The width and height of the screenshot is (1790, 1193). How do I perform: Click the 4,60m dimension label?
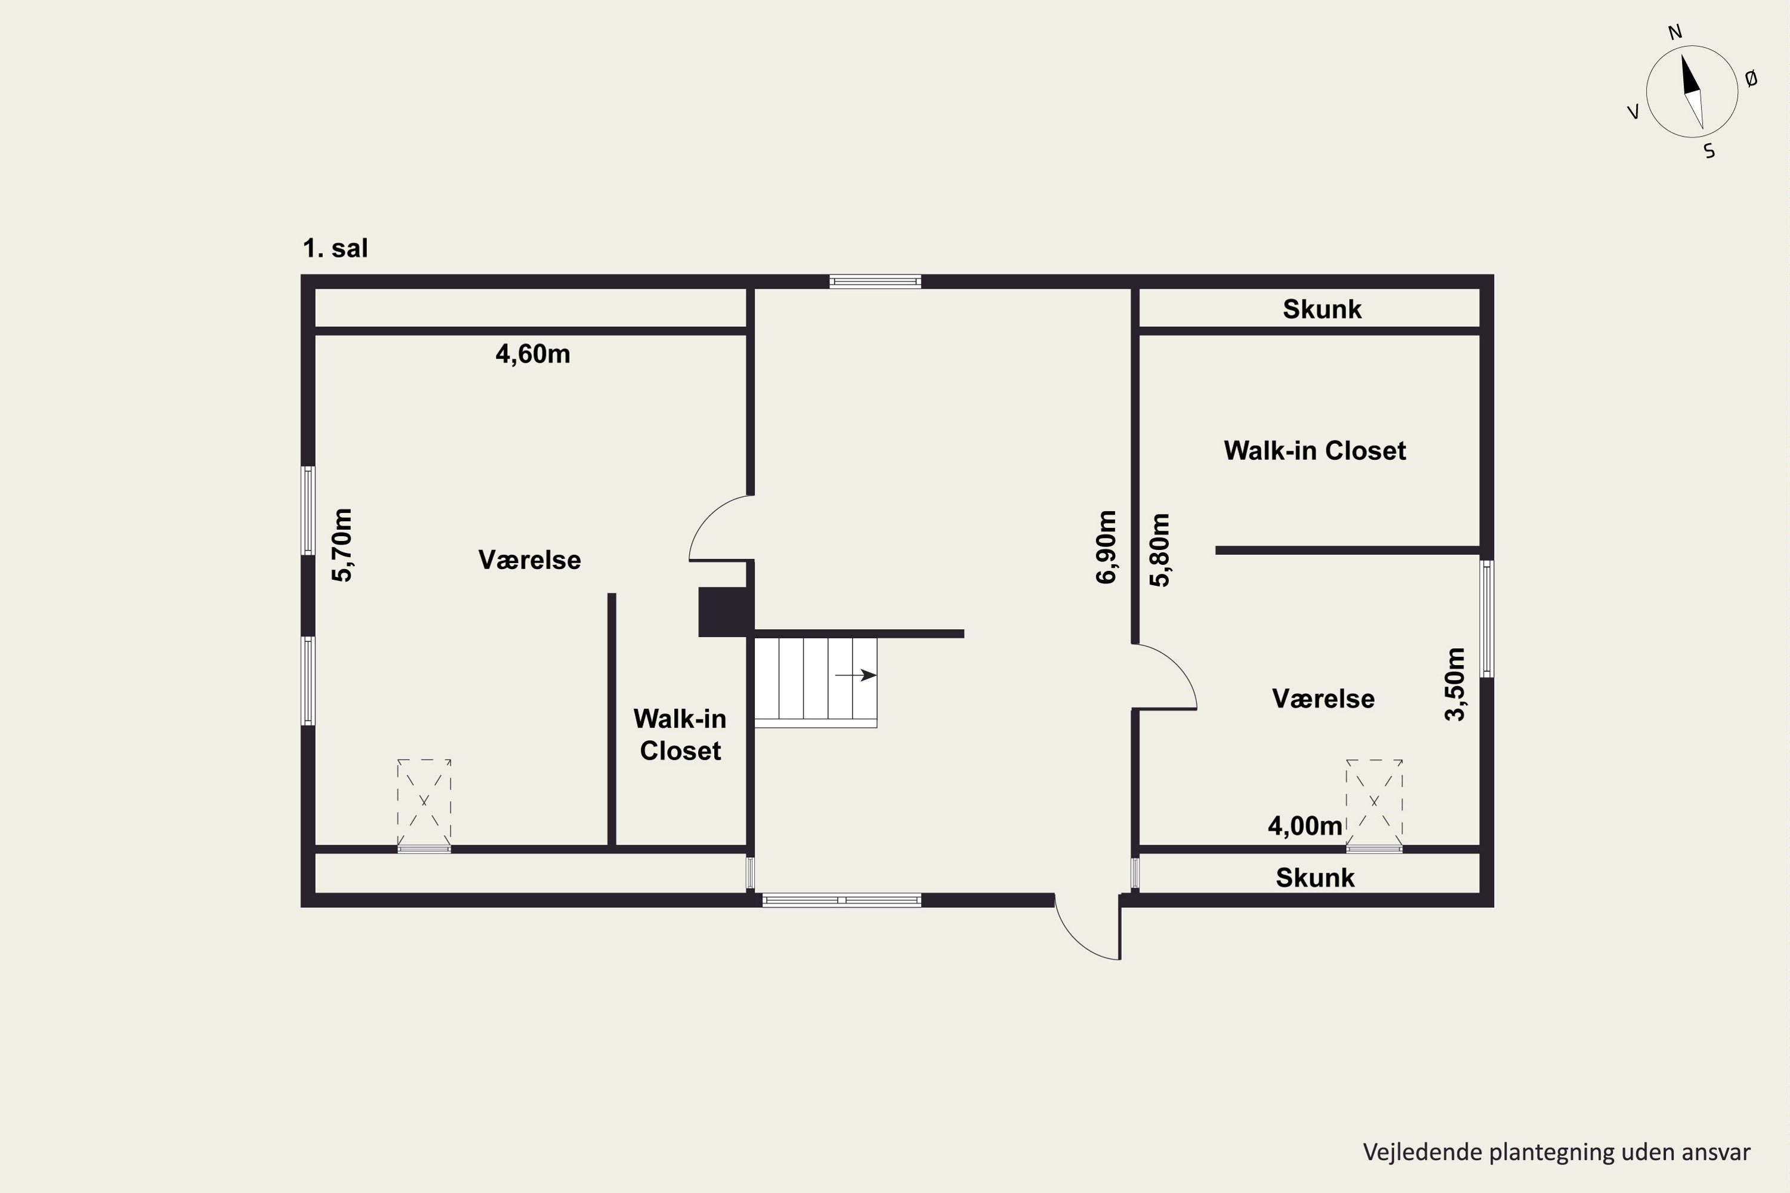pyautogui.click(x=533, y=354)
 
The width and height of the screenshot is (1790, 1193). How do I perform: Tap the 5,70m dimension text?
pyautogui.click(x=342, y=545)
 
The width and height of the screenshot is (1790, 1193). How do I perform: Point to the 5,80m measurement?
pyautogui.click(x=1160, y=550)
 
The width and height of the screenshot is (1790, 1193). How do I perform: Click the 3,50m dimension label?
pyautogui.click(x=1455, y=684)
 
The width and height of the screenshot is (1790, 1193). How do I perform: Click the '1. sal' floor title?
pyautogui.click(x=335, y=248)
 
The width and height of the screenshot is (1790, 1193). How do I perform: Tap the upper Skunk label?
pyautogui.click(x=1322, y=309)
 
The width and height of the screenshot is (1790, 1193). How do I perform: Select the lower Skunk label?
pyautogui.click(x=1315, y=877)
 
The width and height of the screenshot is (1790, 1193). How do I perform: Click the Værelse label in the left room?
pyautogui.click(x=530, y=560)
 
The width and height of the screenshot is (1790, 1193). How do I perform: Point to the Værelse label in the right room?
pyautogui.click(x=1323, y=699)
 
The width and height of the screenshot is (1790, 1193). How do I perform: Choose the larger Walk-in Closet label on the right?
pyautogui.click(x=1315, y=450)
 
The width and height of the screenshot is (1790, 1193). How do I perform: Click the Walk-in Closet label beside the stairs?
pyautogui.click(x=680, y=734)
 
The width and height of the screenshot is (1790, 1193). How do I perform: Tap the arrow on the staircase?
pyautogui.click(x=856, y=675)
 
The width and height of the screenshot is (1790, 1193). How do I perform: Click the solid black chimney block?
pyautogui.click(x=726, y=612)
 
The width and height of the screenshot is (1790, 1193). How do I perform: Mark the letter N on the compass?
pyautogui.click(x=1675, y=33)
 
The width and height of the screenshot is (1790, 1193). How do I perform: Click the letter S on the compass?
pyautogui.click(x=1709, y=152)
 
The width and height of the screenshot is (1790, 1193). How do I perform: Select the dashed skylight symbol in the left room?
pyautogui.click(x=424, y=802)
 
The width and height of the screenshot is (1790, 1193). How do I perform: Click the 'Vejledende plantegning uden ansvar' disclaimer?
pyautogui.click(x=1556, y=1152)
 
